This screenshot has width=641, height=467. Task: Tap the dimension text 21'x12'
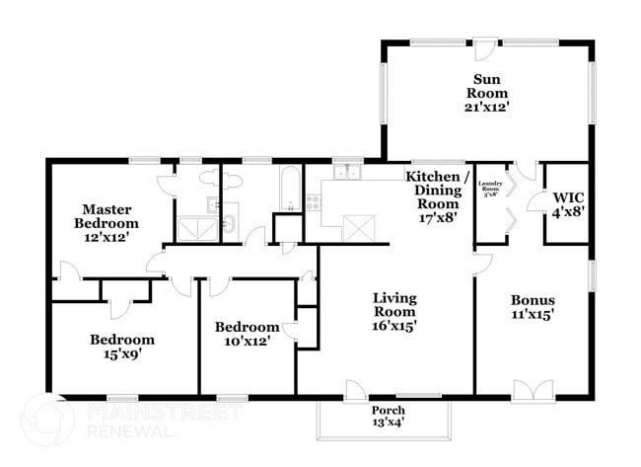[486, 107]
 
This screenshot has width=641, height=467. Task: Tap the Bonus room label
[532, 300]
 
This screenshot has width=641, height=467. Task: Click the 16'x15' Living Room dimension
[394, 324]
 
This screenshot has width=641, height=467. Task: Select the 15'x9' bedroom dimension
[122, 354]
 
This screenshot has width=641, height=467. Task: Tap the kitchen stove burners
[314, 202]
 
